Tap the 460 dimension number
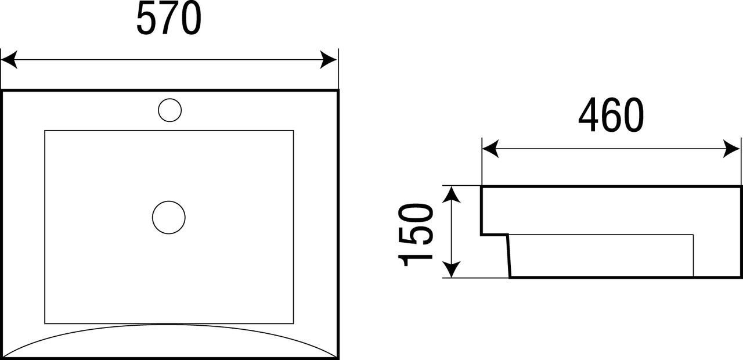tap(611, 115)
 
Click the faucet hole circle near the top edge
tap(170, 110)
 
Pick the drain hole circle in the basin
tap(169, 217)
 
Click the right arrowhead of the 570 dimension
tap(329, 60)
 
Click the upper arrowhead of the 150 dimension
tap(452, 195)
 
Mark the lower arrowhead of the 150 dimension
tap(452, 269)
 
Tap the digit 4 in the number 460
tap(589, 115)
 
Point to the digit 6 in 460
tap(611, 115)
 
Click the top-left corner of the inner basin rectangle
tap(45, 131)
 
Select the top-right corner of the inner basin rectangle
tap(294, 131)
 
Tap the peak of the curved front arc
tap(169, 324)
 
